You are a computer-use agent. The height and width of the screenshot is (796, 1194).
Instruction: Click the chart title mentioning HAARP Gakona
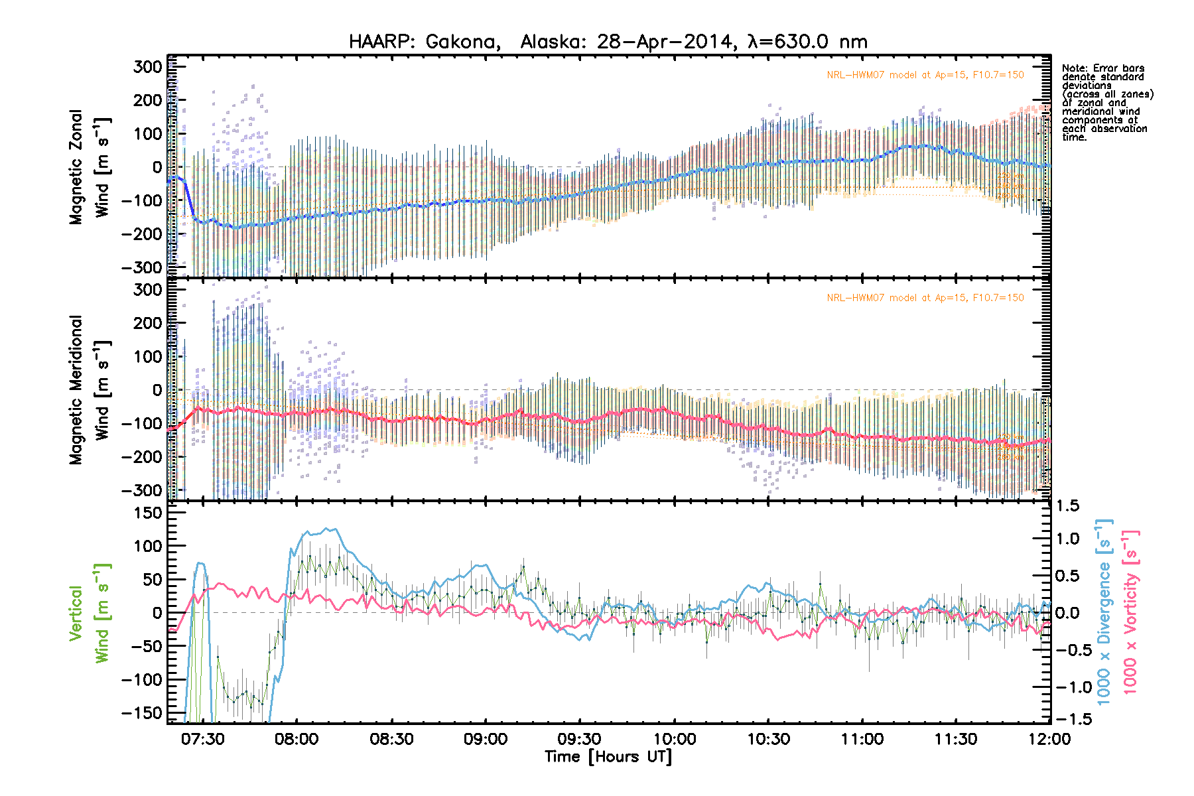pyautogui.click(x=608, y=42)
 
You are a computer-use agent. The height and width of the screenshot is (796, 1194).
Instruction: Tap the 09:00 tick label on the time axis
pyautogui.click(x=486, y=739)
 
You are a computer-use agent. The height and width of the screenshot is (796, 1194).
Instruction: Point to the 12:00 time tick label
pyautogui.click(x=1050, y=739)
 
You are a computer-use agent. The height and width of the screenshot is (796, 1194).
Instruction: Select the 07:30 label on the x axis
pyautogui.click(x=203, y=739)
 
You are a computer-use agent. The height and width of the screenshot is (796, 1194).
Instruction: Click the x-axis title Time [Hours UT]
pyautogui.click(x=608, y=757)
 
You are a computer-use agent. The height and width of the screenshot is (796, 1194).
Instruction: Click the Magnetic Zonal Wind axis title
pyautogui.click(x=90, y=167)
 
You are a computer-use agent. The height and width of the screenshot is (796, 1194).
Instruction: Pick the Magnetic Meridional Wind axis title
pyautogui.click(x=90, y=390)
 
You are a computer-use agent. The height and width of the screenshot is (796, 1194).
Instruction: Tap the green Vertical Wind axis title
pyautogui.click(x=90, y=613)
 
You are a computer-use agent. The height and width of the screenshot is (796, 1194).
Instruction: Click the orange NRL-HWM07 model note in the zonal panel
pyautogui.click(x=925, y=75)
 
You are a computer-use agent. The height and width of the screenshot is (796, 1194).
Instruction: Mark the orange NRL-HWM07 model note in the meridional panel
pyautogui.click(x=925, y=298)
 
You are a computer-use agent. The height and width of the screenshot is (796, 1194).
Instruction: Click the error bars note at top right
pyautogui.click(x=1106, y=102)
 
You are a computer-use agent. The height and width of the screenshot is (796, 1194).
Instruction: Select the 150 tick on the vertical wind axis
pyautogui.click(x=148, y=513)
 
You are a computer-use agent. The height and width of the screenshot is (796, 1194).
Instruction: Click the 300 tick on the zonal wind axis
pyautogui.click(x=148, y=67)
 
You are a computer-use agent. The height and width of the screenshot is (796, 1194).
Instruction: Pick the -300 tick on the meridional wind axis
pyautogui.click(x=143, y=490)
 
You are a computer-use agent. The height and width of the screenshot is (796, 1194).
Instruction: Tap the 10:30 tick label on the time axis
pyautogui.click(x=768, y=739)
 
